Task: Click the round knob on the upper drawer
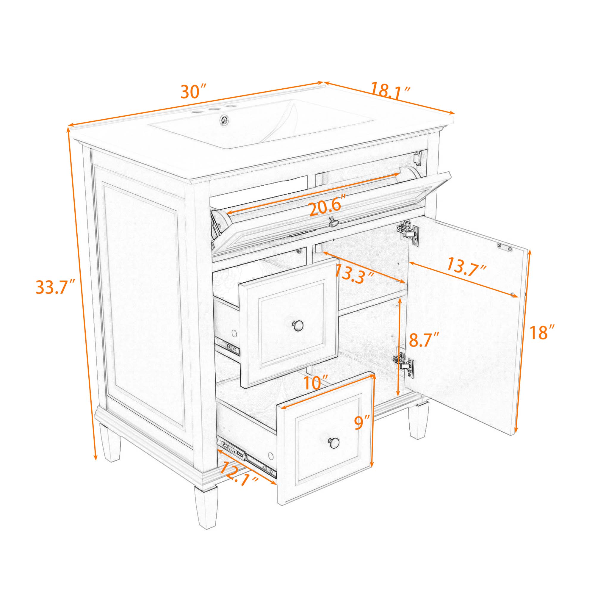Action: [297, 325]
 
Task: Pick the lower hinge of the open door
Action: [403, 364]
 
